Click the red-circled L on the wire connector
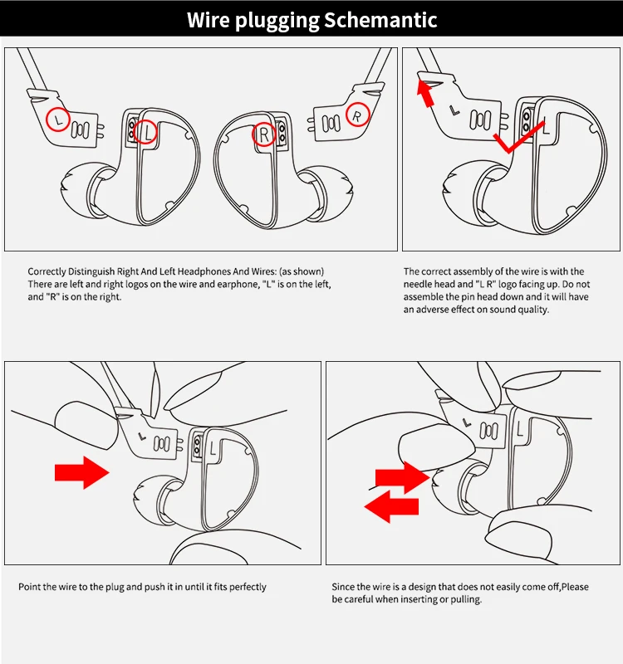click(x=57, y=120)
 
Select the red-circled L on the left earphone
click(x=146, y=131)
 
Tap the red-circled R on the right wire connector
click(x=357, y=115)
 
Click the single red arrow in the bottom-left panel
click(x=81, y=473)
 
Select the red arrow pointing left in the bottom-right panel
click(x=391, y=507)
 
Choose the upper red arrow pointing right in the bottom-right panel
click(x=401, y=477)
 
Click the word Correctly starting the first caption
click(x=47, y=271)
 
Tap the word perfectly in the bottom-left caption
click(x=244, y=587)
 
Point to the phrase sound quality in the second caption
click(x=516, y=310)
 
